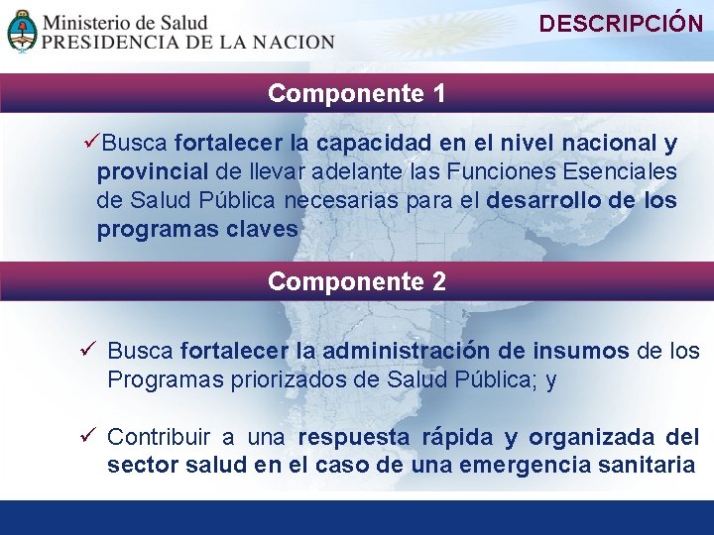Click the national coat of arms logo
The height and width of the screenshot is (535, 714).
(22, 31)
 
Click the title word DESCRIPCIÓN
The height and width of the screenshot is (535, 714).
(621, 25)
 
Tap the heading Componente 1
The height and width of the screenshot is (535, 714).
(356, 94)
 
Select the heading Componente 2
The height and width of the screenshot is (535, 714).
(356, 282)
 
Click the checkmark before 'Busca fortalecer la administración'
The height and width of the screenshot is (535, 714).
(87, 351)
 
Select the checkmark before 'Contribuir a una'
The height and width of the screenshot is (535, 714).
(87, 437)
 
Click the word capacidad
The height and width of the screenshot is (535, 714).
(375, 145)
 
